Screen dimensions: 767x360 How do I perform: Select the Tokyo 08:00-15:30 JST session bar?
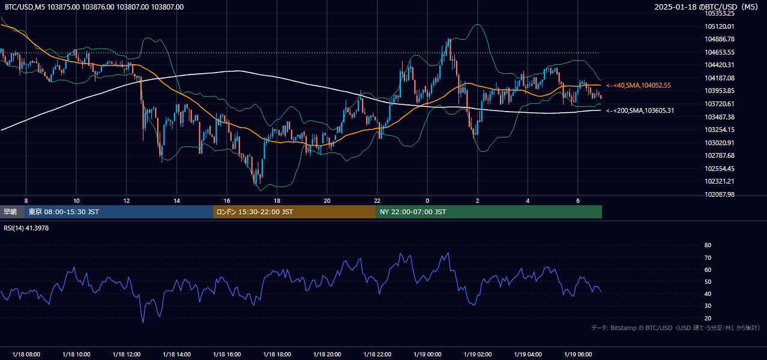[119, 212]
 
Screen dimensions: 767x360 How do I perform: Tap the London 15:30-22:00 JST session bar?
[295, 212]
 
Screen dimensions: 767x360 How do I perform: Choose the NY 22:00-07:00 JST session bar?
[489, 212]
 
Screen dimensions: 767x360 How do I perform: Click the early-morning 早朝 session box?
[12, 212]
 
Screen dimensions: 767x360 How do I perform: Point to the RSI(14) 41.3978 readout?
[26, 228]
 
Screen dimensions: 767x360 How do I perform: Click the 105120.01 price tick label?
[720, 26]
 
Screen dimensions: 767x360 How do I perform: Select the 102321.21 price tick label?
[720, 181]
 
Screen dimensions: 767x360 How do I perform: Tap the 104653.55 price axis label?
[720, 52]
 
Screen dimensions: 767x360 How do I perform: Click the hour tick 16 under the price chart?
[227, 201]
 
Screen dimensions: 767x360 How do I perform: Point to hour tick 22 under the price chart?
[377, 201]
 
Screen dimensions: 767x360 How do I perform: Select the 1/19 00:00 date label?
[427, 354]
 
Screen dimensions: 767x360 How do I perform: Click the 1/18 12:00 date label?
[127, 354]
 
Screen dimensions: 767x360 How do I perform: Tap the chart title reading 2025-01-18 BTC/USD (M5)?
[706, 7]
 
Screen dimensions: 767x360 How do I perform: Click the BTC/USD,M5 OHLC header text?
[94, 7]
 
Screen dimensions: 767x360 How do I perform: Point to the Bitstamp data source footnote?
[676, 328]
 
